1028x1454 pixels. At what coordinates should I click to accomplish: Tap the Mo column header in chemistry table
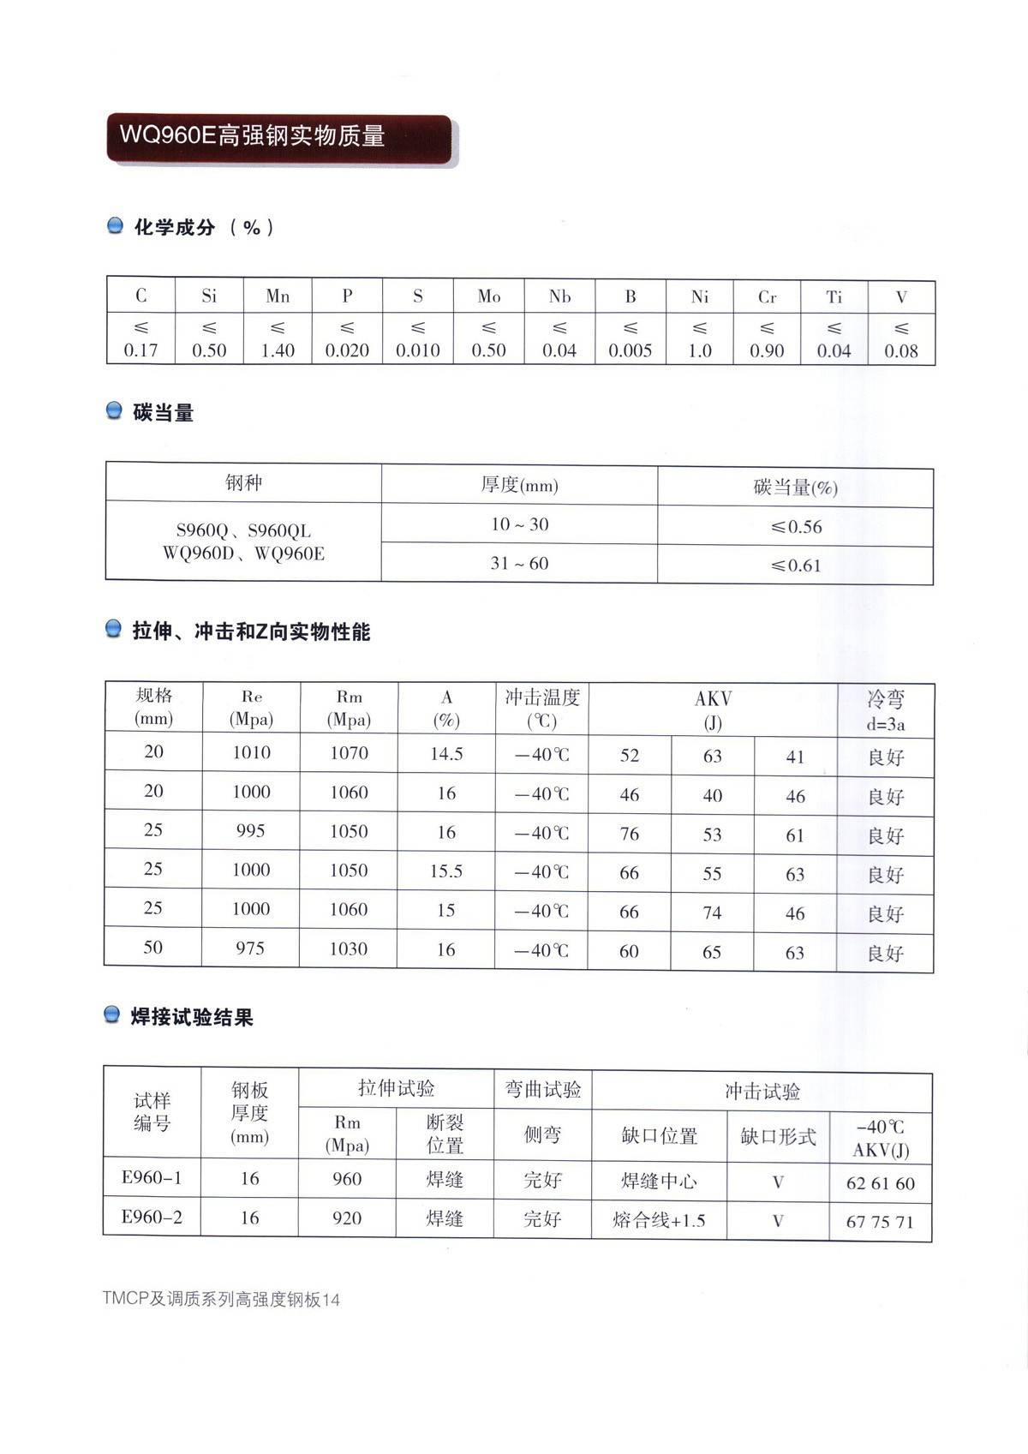488,296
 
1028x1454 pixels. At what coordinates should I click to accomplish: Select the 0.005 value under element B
630,350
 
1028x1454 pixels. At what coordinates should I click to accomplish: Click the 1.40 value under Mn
278,350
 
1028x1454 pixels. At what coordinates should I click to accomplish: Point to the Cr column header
767,297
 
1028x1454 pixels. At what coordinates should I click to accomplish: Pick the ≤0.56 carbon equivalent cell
795,527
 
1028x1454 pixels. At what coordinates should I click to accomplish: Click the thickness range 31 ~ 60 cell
519,564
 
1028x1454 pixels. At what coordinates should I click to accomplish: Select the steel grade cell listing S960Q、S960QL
243,542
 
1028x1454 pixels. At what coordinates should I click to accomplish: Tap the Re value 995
250,831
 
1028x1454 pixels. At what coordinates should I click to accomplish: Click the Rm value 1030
349,949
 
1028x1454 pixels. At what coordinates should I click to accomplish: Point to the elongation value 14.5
446,754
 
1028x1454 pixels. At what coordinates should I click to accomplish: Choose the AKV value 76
629,835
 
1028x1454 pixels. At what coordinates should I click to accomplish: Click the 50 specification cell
152,948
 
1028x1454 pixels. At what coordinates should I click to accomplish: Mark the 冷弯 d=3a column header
885,710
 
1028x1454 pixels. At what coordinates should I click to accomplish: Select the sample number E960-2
152,1218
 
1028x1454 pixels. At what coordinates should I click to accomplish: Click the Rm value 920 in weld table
347,1218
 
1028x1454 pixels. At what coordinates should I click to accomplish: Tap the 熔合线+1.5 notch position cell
659,1220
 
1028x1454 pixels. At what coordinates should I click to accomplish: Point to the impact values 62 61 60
880,1184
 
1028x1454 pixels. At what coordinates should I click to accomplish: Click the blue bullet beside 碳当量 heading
114,412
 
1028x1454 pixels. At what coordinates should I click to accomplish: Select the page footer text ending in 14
221,1300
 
